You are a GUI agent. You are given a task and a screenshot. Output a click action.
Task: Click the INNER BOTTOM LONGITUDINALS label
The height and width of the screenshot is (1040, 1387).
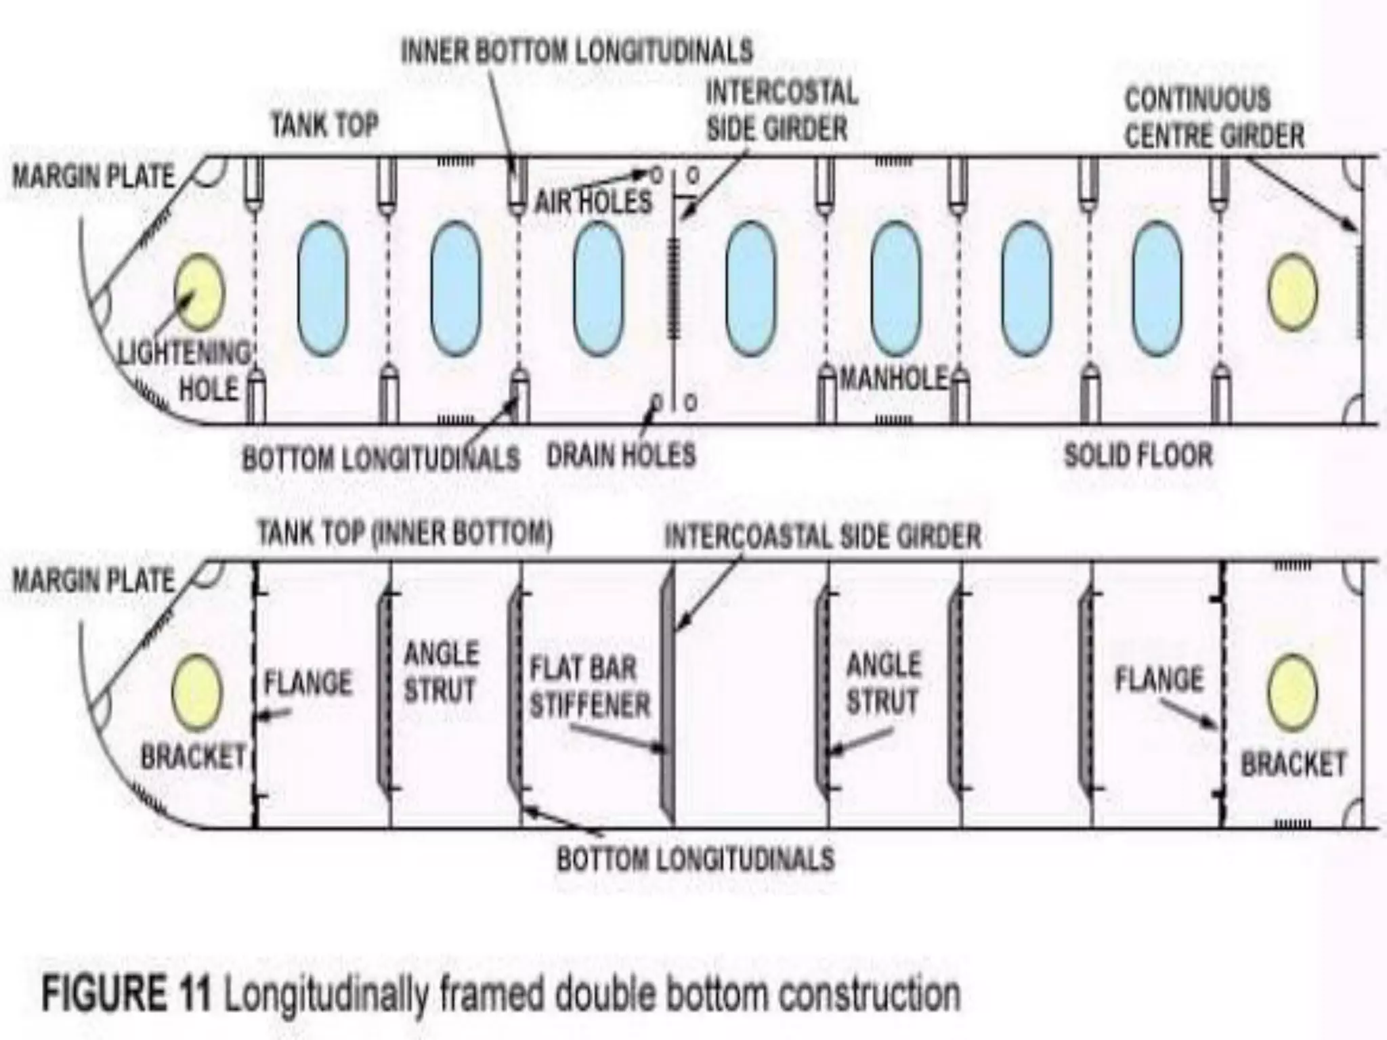576,51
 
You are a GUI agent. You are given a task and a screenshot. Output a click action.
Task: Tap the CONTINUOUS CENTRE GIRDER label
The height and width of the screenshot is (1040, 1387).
1214,118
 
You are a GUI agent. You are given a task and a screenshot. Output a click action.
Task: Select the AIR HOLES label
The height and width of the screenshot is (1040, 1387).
593,202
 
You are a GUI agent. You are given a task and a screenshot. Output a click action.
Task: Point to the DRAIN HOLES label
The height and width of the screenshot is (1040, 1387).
621,455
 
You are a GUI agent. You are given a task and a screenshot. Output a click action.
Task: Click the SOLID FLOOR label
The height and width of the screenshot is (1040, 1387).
1138,455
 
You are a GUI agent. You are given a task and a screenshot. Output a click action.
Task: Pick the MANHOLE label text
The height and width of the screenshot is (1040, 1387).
893,379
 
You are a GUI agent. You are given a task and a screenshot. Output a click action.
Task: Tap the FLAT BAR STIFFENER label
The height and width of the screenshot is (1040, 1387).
589,687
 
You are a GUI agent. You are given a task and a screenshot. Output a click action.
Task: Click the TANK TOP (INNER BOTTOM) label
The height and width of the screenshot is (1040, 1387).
405,534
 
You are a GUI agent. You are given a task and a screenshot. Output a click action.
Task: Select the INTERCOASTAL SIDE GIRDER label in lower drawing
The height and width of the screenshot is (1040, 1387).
822,537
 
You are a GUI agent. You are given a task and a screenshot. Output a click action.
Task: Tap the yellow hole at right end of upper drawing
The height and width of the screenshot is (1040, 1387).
1292,292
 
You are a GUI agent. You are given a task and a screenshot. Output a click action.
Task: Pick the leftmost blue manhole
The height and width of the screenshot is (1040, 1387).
322,289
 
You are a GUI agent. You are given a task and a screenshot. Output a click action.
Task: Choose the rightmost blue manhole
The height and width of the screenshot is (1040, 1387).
1157,289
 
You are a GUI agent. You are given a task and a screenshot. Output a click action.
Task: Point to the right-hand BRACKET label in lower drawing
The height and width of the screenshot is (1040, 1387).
1293,764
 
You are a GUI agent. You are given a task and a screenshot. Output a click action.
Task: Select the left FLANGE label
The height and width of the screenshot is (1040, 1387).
308,682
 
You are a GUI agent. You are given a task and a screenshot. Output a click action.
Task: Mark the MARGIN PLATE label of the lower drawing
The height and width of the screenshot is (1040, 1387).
93,581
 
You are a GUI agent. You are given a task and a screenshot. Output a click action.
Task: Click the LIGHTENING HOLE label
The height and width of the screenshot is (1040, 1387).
184,371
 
